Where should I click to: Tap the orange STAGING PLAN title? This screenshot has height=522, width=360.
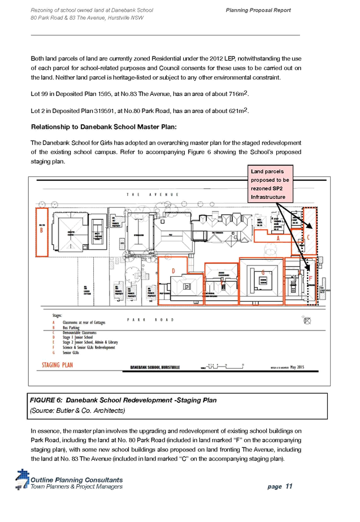58,365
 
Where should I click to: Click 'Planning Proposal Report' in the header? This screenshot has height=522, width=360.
258,11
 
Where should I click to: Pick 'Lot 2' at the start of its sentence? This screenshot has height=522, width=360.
37,111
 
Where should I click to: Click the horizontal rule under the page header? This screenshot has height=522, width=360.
165,36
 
